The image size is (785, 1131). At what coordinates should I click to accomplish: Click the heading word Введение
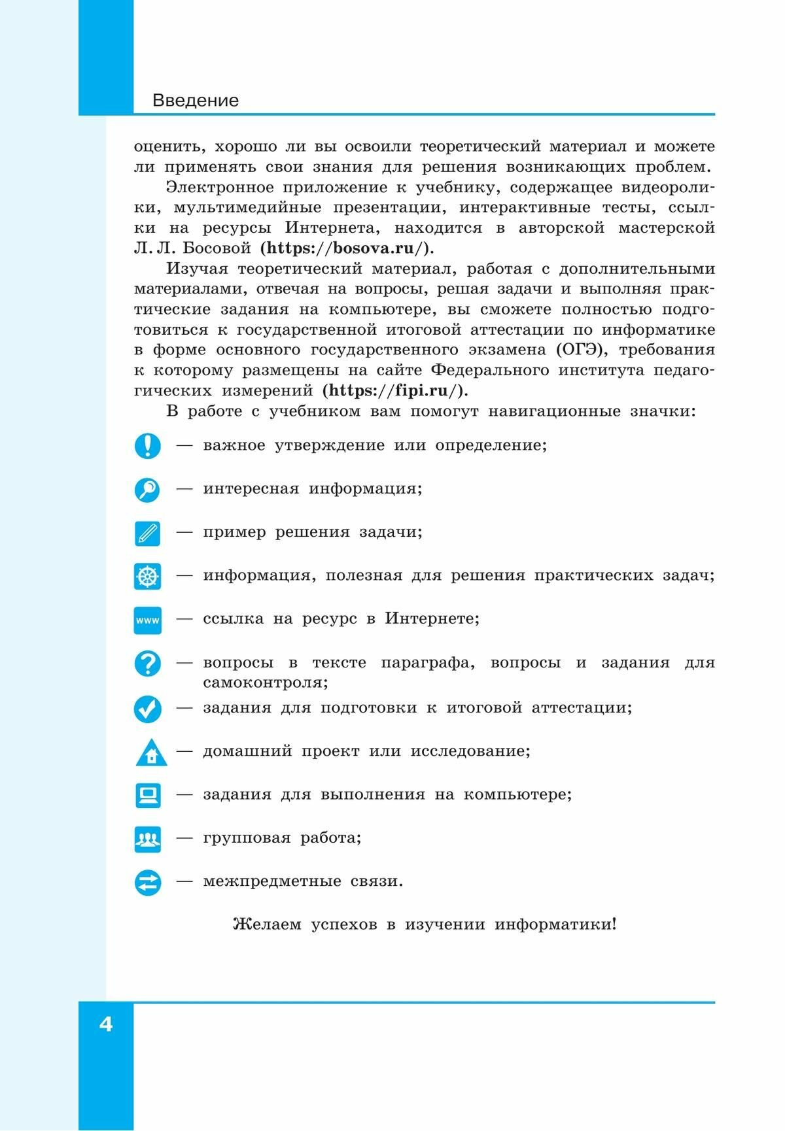coord(195,101)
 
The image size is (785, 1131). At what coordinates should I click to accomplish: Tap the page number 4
coord(106,1024)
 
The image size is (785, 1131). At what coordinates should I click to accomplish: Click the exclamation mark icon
coord(148,446)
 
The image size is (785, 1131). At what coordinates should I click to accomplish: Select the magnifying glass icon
coord(148,490)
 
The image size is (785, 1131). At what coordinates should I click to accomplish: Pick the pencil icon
coord(148,533)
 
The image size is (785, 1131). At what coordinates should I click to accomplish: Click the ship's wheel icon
coord(148,577)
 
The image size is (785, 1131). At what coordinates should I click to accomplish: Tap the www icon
coord(148,620)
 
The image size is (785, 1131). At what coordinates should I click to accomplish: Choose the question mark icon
coord(148,664)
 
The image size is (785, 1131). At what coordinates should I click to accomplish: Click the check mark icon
coord(148,708)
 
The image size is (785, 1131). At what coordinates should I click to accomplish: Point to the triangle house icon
coord(151,753)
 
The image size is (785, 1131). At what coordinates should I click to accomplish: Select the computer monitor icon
coord(148,795)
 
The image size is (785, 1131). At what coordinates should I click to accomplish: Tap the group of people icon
coord(148,839)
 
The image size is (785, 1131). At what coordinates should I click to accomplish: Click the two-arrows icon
coord(148,883)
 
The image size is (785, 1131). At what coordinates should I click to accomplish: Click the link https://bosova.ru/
coord(347,248)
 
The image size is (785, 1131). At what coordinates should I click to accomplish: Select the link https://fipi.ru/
coord(394,391)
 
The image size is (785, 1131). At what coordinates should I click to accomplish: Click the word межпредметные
coord(272,881)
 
